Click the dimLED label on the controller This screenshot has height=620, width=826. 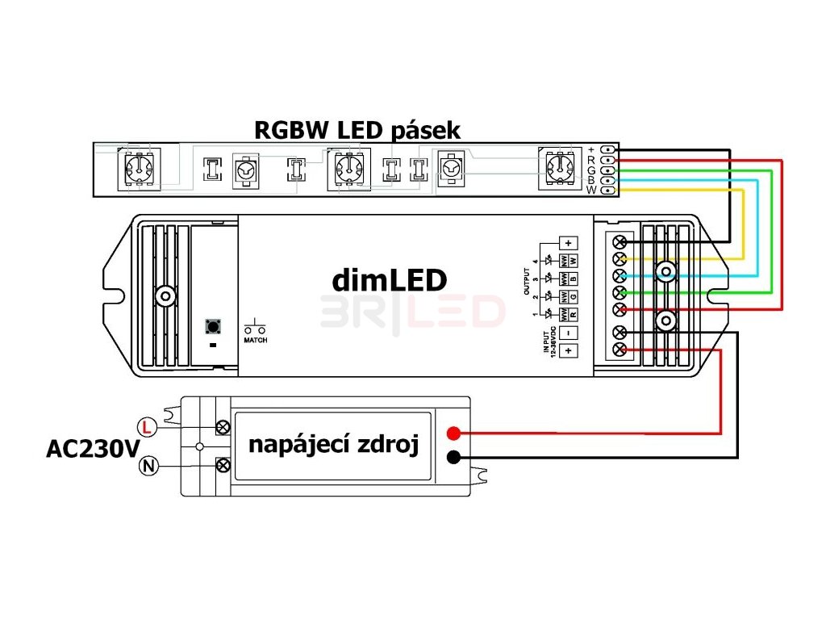pyautogui.click(x=389, y=280)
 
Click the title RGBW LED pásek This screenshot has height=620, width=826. pyautogui.click(x=357, y=129)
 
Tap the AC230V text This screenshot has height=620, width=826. pyautogui.click(x=93, y=448)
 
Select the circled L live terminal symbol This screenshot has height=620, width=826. pyautogui.click(x=146, y=425)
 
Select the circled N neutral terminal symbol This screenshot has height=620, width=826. pyautogui.click(x=148, y=465)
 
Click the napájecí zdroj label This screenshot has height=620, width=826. pyautogui.click(x=334, y=445)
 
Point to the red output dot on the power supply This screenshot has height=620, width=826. pyautogui.click(x=454, y=433)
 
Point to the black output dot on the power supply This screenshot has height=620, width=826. pyautogui.click(x=454, y=458)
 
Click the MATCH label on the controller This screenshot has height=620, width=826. pyautogui.click(x=256, y=340)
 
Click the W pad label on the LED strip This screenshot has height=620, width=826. pyautogui.click(x=590, y=191)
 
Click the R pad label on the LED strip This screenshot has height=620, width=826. pyautogui.click(x=591, y=160)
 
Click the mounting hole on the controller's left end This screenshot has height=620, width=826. pyautogui.click(x=165, y=296)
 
